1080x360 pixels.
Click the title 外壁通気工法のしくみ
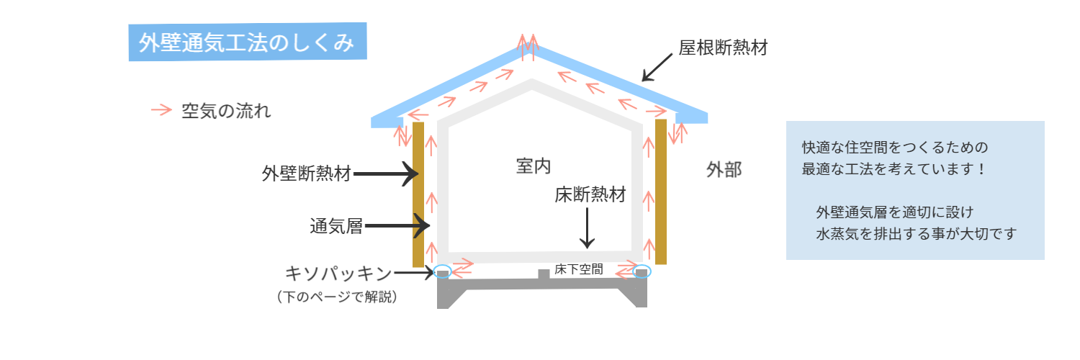247,42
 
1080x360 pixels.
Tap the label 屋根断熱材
723,48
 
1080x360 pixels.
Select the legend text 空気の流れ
226,112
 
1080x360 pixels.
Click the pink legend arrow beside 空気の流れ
161,110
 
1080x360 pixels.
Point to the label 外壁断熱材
307,174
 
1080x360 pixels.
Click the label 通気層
336,227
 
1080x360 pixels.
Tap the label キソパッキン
338,274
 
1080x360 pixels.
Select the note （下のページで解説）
337,296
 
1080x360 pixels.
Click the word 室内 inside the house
534,166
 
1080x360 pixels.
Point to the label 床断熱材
590,195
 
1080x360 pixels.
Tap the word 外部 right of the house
724,170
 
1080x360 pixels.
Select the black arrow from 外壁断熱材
387,174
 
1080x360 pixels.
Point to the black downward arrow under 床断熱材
588,228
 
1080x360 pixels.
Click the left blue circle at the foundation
443,272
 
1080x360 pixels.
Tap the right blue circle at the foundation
641,272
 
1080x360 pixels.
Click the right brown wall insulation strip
660,192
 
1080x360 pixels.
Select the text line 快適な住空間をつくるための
894,148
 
